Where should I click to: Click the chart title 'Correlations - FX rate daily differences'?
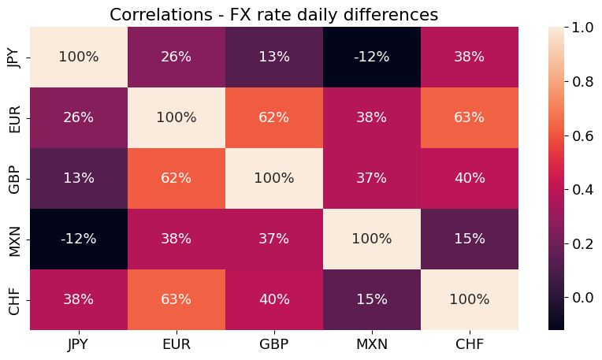[273, 14]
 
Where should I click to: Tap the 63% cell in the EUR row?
[469, 117]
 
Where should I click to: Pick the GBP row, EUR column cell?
[176, 178]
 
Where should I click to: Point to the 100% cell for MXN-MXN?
[371, 239]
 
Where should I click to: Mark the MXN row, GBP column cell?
[273, 239]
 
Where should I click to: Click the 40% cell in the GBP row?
[469, 178]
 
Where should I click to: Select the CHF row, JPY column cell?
[78, 299]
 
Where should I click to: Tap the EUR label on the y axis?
[14, 117]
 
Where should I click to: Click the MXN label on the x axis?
[371, 343]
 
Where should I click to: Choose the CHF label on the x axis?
[469, 343]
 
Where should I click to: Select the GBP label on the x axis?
[273, 343]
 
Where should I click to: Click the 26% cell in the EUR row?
[78, 117]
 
